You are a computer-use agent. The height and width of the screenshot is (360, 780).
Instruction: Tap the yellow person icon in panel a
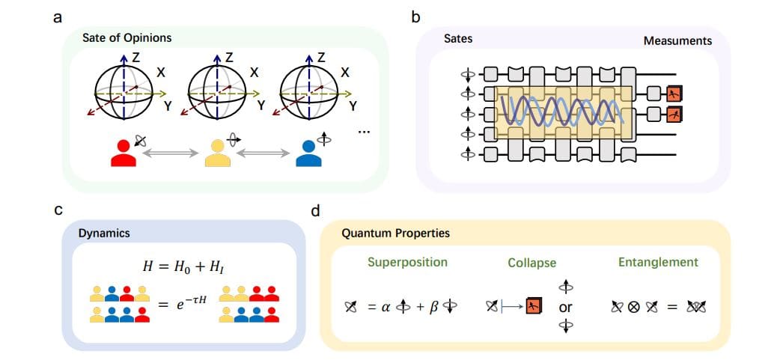point(213,152)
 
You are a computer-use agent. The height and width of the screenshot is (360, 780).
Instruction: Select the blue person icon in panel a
point(305,152)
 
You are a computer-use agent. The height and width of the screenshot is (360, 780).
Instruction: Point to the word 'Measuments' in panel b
point(677,40)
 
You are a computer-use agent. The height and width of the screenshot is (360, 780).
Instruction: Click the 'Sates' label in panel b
point(458,37)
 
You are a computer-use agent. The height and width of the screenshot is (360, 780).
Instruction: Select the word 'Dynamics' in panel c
point(104,233)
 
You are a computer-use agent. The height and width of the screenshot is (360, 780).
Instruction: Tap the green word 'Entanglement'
point(658,262)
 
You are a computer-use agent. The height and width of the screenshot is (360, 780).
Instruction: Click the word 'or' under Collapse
point(566,307)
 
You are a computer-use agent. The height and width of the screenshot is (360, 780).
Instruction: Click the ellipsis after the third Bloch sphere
point(365,132)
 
